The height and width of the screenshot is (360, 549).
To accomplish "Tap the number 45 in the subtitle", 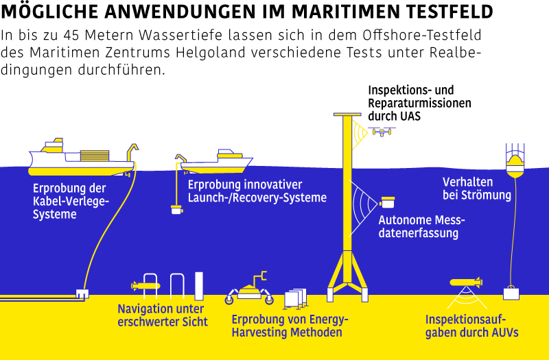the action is coord(71,36).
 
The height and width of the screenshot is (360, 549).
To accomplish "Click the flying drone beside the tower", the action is coord(382,132).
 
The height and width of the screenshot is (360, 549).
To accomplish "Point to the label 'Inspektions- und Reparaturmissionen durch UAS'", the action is coord(419,103).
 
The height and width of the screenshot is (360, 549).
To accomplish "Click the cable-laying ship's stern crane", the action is coord(132,152).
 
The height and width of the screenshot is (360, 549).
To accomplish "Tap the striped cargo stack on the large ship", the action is coord(95,156).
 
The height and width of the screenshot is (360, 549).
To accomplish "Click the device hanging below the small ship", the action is coord(177,210).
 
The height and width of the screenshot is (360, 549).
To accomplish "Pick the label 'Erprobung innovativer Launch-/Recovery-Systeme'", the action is coord(257,191).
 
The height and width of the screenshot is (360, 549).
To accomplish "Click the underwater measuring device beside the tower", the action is coord(387,202).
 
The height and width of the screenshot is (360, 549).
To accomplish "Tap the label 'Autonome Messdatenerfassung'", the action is coord(421,227).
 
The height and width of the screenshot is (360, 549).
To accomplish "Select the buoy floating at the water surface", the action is coord(515,166).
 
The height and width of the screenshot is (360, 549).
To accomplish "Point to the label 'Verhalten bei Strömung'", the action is coord(477,189).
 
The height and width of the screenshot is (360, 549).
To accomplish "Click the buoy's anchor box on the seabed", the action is coord(511,293).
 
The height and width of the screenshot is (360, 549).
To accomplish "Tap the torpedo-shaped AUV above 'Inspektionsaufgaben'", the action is coord(466,282).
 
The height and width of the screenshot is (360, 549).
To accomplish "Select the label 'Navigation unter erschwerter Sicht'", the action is coord(163,315).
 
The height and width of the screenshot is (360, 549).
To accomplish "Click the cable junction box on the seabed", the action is coord(82,294).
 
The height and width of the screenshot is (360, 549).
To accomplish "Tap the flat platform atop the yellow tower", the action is coord(347,115).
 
